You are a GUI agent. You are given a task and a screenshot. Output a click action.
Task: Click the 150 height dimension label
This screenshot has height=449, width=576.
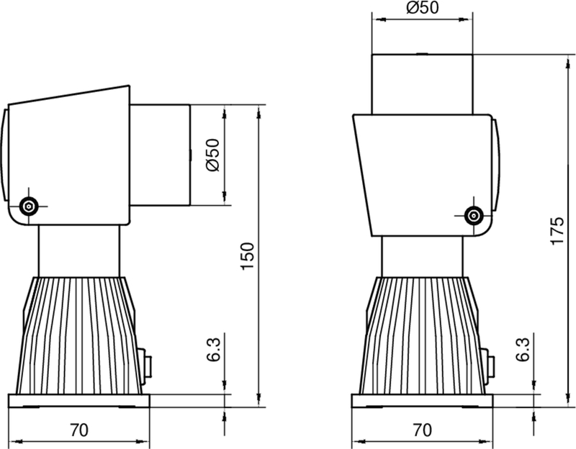point(247,255)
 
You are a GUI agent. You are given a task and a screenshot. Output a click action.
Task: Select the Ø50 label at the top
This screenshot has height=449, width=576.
point(423,9)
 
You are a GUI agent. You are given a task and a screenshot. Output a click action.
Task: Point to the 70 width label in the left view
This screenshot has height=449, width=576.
point(79,430)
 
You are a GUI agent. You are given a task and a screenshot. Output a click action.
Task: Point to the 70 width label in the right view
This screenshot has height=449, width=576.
point(423,430)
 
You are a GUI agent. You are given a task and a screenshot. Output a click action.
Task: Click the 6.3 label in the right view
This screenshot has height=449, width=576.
point(523,350)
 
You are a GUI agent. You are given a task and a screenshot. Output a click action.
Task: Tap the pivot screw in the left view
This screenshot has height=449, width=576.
point(29,206)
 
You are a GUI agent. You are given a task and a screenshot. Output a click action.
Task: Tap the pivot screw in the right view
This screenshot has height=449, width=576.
point(473,214)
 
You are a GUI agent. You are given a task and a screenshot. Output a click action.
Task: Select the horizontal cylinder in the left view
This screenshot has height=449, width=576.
point(160,154)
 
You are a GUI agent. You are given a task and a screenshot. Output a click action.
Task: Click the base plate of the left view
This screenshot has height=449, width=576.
point(79,401)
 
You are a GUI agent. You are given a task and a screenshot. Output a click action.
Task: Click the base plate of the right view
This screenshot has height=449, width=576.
point(423,401)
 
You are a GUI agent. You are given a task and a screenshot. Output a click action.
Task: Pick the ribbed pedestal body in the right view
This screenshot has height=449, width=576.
point(422,335)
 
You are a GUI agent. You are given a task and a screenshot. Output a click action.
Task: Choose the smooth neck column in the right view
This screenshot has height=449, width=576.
point(422,255)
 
